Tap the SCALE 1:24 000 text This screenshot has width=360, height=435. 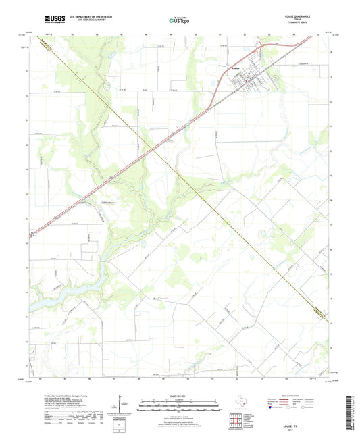pyautogui.click(x=179, y=396)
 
